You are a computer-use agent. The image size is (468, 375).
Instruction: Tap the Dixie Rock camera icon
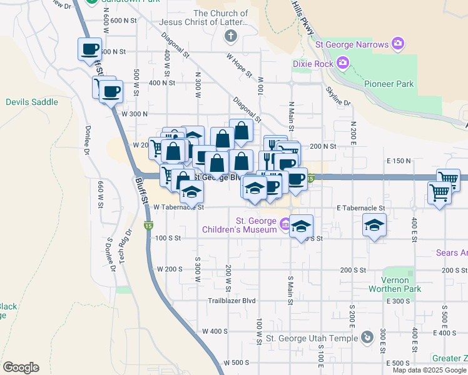[342, 62]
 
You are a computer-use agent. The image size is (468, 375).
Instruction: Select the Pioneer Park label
[389, 84]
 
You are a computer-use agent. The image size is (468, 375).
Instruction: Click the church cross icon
[231, 36]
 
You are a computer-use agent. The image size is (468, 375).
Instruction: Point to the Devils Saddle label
[32, 102]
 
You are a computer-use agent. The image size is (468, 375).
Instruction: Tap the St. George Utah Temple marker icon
[367, 338]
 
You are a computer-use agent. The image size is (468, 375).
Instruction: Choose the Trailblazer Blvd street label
[232, 301]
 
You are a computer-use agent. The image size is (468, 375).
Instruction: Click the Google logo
[21, 367]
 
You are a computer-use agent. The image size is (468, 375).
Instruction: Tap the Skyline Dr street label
[338, 96]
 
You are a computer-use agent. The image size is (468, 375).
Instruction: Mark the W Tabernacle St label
[179, 207]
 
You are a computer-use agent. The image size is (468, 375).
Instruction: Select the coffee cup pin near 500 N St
[89, 49]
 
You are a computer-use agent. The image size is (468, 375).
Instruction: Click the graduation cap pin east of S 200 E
[374, 225]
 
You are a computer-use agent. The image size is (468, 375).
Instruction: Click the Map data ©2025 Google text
[429, 370]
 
